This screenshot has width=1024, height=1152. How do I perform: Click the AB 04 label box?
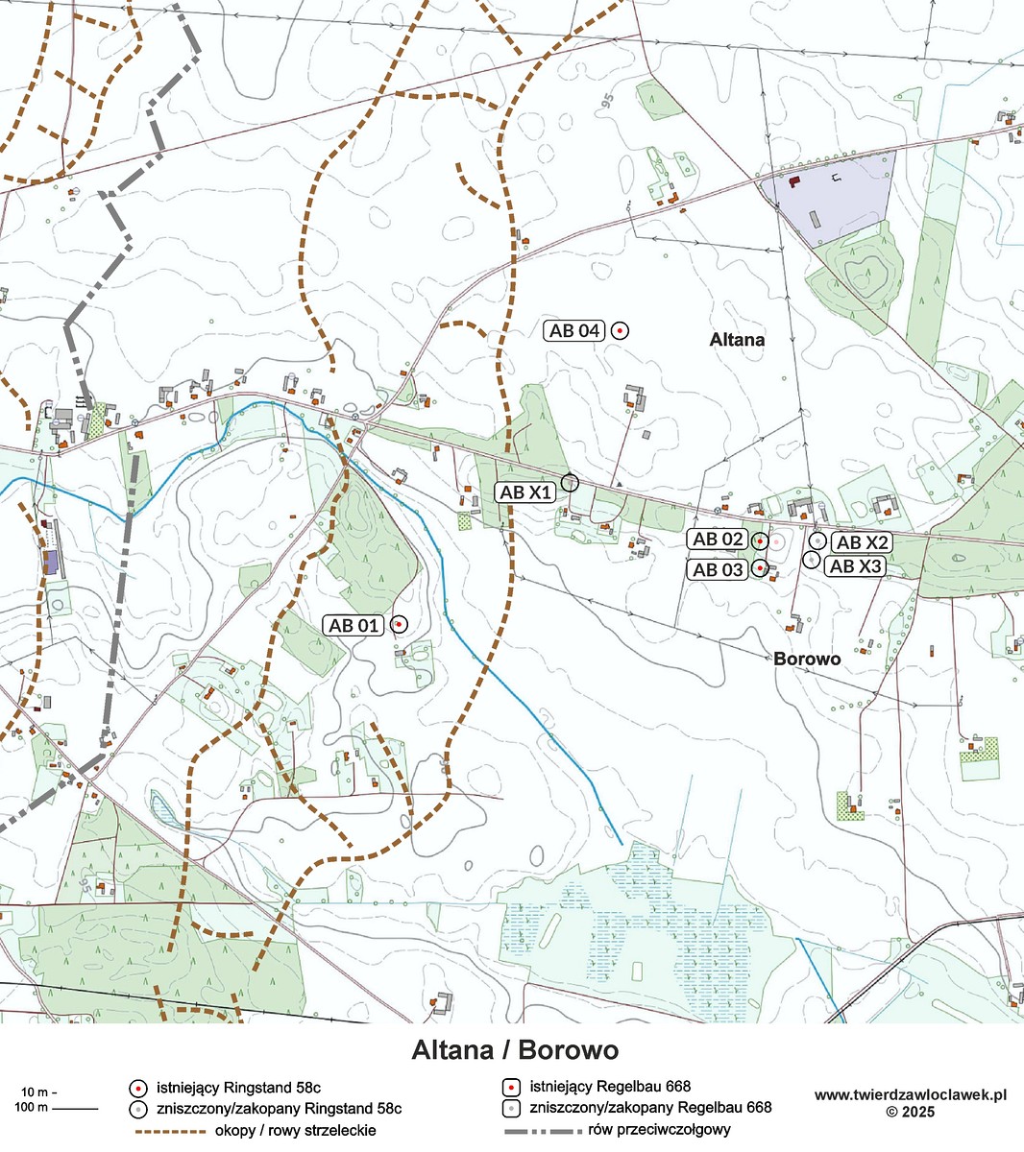(574, 331)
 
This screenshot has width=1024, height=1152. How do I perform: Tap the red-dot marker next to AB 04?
(621, 331)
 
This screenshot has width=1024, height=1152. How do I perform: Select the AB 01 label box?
(355, 625)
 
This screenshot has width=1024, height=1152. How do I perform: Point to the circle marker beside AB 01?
(399, 624)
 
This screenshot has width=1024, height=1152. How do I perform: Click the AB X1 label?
(526, 492)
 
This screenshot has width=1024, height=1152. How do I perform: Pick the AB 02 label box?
(719, 540)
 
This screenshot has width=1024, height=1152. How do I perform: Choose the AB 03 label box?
(719, 569)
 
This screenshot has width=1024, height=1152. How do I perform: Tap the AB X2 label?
(863, 542)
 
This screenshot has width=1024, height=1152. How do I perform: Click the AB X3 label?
(855, 566)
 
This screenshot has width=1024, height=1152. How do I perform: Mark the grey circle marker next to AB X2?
(817, 540)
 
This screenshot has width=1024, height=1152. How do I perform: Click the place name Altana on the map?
(737, 340)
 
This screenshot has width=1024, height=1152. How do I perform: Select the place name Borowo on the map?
(807, 660)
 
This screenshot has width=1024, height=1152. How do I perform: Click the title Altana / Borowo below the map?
(515, 1050)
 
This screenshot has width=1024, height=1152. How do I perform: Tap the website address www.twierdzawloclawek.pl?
(910, 1094)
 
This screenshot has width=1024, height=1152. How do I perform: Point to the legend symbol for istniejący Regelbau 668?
(512, 1088)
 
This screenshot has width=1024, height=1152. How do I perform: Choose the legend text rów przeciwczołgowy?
(664, 1131)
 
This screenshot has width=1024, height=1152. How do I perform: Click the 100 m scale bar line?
(75, 1110)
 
